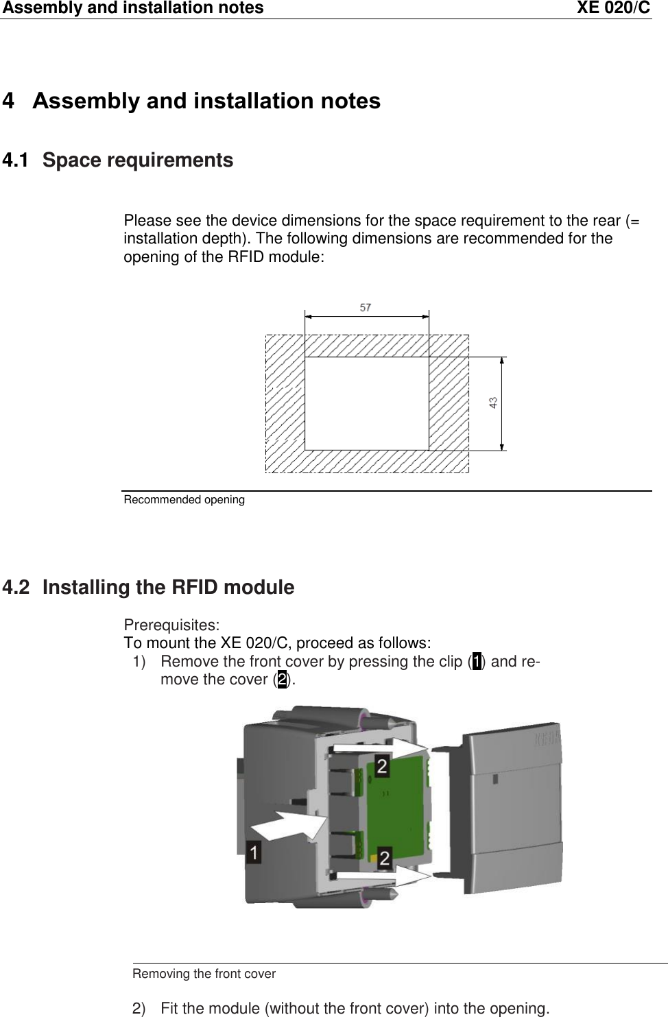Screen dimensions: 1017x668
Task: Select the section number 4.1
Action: pos(16,161)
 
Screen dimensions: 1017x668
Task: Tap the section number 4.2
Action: pos(16,588)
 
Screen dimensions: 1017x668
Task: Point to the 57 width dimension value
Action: pos(366,308)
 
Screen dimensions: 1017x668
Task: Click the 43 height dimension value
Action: pos(494,403)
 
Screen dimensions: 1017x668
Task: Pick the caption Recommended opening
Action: pos(184,500)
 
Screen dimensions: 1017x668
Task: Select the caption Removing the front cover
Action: pos(204,974)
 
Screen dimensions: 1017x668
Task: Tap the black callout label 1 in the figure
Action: pos(254,853)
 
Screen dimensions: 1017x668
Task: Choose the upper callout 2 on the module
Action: pos(383,765)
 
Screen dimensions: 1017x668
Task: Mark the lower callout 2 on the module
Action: pos(385,857)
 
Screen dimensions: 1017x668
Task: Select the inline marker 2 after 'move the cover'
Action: pos(282,680)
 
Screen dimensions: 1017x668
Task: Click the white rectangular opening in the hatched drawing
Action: pos(366,403)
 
